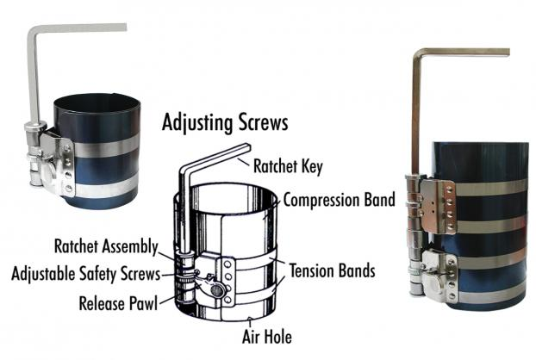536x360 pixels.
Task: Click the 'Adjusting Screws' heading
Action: (x=225, y=122)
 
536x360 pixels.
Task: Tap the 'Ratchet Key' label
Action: (x=288, y=166)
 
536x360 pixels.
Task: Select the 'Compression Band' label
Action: (x=340, y=200)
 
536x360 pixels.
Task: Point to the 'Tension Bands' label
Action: (x=333, y=270)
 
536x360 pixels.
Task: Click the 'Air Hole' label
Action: (x=267, y=337)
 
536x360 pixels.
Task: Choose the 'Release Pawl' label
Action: (x=118, y=303)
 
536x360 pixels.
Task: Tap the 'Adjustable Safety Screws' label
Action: (x=86, y=274)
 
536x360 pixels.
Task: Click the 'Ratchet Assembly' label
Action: (x=106, y=246)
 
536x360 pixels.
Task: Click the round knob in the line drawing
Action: (x=216, y=290)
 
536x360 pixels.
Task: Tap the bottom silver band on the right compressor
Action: (x=491, y=295)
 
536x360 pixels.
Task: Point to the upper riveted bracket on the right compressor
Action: (x=439, y=206)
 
